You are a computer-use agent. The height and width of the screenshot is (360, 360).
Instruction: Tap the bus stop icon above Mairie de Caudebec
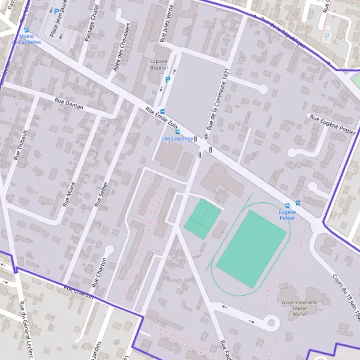[x=26, y=29]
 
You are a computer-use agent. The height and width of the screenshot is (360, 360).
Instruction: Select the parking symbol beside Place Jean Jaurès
[x=56, y=11]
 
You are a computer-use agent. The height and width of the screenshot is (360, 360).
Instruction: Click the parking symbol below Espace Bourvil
[x=168, y=79]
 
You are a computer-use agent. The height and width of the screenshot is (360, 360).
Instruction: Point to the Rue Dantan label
[x=68, y=104]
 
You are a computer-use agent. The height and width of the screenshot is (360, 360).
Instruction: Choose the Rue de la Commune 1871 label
[x=217, y=100]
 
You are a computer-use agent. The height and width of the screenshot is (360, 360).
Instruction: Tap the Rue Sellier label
[x=100, y=193]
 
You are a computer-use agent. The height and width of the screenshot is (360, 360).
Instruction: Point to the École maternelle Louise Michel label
[x=299, y=308]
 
